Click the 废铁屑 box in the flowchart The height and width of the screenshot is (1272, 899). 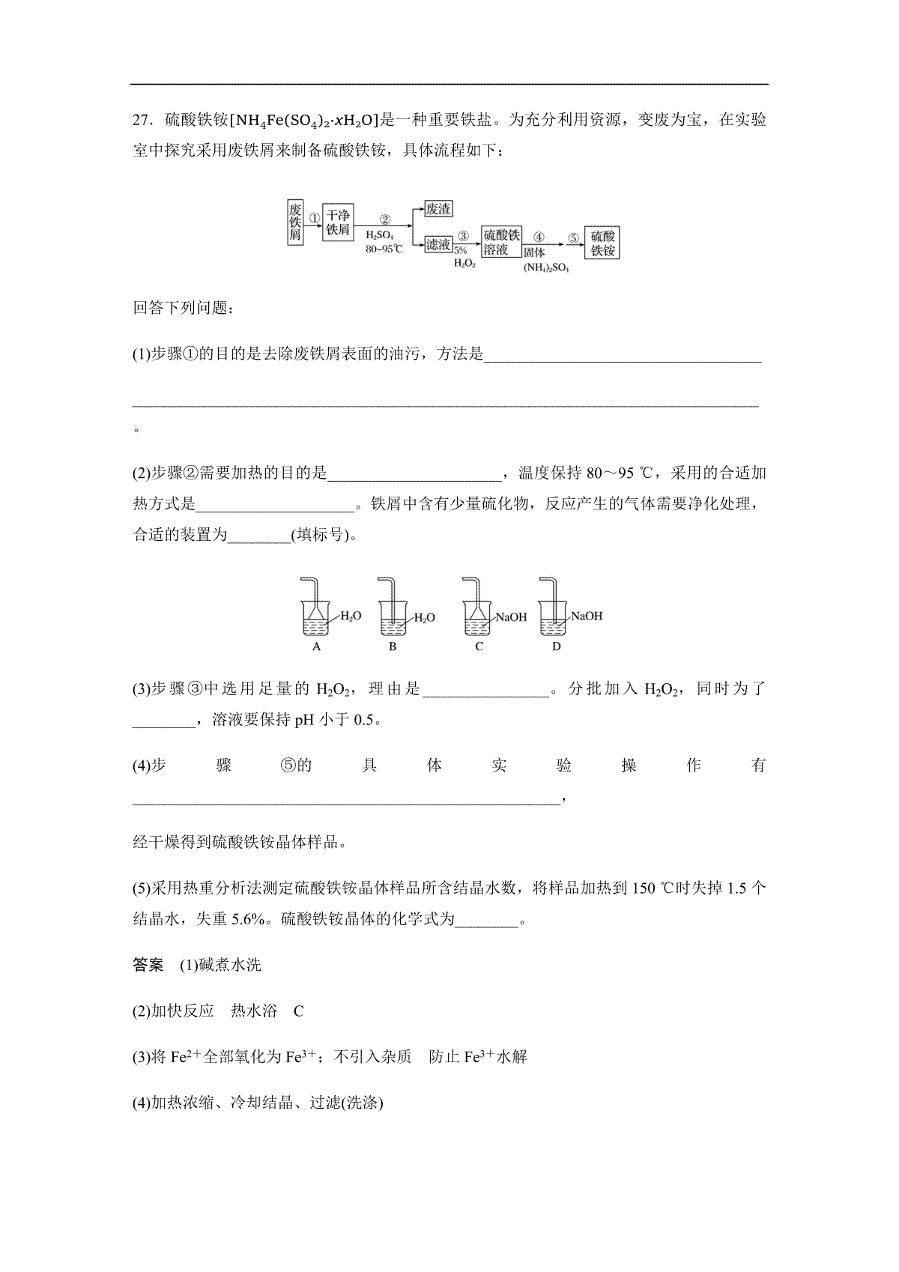click(x=295, y=222)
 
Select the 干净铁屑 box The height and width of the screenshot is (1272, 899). click(x=338, y=222)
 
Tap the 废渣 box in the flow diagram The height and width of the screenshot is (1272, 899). click(x=438, y=210)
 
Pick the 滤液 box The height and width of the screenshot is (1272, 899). click(x=438, y=245)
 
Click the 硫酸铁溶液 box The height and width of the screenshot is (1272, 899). click(x=501, y=243)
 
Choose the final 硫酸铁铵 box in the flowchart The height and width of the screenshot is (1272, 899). click(x=602, y=243)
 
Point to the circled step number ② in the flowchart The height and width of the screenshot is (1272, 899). click(x=385, y=219)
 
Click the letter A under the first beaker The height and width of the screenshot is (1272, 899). click(x=316, y=646)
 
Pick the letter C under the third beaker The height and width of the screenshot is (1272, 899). click(x=479, y=646)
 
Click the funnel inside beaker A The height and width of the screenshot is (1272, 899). click(x=316, y=611)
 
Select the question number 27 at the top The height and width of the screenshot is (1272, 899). click(x=142, y=120)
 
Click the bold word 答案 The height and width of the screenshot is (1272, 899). click(x=148, y=965)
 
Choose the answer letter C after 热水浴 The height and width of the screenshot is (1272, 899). click(x=298, y=1011)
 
